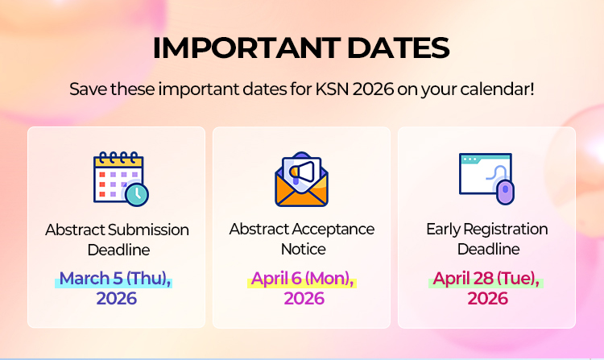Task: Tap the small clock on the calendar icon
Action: click(138, 194)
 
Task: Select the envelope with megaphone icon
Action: click(302, 178)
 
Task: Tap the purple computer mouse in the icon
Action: click(504, 192)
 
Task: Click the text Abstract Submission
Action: click(117, 230)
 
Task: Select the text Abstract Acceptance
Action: click(302, 230)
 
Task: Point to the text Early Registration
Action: click(487, 230)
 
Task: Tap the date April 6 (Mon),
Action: click(303, 279)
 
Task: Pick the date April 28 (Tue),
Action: click(486, 279)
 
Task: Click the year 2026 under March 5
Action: click(117, 299)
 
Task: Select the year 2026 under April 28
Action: click(487, 299)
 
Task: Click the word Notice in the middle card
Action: click(303, 249)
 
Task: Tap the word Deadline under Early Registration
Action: click(488, 249)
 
